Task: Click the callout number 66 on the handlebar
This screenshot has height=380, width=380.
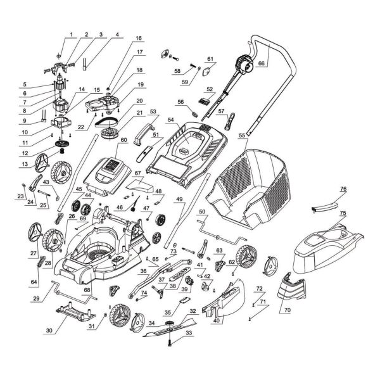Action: pos(261,63)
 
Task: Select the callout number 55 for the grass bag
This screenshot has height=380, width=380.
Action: pos(242,136)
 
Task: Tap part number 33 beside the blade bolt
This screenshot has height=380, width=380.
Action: pos(189,332)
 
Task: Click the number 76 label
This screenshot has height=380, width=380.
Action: pos(343,189)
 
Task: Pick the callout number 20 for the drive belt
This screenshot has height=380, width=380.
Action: pos(139,101)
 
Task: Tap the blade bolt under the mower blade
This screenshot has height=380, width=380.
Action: pos(169,343)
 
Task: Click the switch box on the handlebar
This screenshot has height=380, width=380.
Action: pos(245,63)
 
